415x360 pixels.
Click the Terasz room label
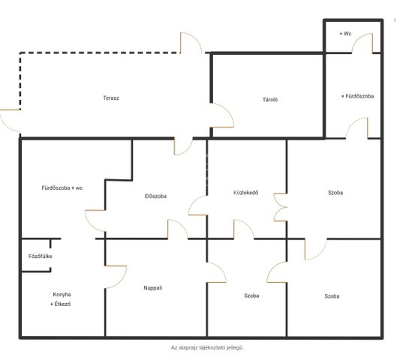point(111,97)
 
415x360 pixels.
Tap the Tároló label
point(270,100)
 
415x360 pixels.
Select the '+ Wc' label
point(345,34)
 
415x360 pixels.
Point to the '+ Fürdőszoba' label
point(357,96)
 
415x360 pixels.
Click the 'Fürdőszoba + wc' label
point(62,187)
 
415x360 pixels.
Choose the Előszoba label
point(155,196)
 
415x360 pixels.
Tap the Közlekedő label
point(245,193)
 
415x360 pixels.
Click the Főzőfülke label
point(41,256)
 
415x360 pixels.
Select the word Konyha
point(62,295)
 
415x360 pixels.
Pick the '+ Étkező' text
point(60,304)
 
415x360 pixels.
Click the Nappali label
point(152,288)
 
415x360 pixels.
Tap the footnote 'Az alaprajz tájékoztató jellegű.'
point(207,347)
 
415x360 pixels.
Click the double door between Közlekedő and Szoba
point(281,208)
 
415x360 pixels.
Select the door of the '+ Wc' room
point(362,43)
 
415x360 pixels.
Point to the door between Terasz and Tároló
point(222,115)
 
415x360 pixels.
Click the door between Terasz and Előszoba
point(183,146)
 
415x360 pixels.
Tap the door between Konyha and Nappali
point(116,277)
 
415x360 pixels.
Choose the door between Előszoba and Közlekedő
point(197,205)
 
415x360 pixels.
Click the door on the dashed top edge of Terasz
point(191,43)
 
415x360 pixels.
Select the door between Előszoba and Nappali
point(178,229)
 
